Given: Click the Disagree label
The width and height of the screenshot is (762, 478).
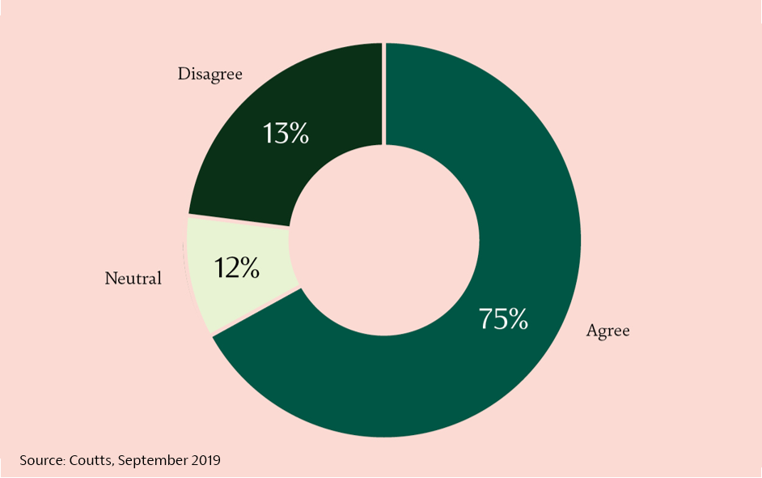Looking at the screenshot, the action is [210, 75].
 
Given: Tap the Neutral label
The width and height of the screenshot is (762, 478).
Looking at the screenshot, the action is [133, 279].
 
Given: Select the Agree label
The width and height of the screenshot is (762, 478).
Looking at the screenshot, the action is [608, 331].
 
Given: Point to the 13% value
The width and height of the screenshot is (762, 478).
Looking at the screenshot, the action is [286, 134].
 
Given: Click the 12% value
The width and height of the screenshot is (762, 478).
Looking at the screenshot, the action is [237, 267].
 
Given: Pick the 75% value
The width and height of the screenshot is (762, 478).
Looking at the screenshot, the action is [503, 319].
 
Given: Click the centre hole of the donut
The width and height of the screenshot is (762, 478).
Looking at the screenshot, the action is [384, 240].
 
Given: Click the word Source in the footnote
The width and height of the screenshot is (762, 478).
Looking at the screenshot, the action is [42, 460].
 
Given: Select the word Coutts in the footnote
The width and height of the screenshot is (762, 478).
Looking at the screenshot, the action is [91, 460].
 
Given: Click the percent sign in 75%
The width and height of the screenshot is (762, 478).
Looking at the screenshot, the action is [517, 319].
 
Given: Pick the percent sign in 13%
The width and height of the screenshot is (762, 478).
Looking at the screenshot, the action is [298, 134].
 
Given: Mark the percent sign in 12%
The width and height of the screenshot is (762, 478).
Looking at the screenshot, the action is [249, 268].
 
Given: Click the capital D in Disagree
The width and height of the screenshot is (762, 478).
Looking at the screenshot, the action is [184, 74].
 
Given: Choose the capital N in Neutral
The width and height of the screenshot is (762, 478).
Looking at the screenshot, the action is [112, 278].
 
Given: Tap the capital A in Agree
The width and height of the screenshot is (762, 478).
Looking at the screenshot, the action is [592, 330].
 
